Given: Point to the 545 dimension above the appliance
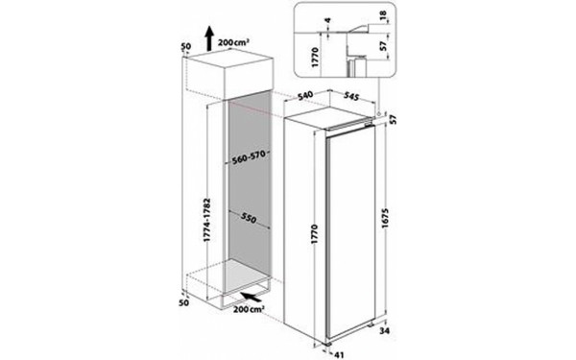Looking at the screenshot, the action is tap(350, 97).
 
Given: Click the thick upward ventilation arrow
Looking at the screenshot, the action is tap(207, 40).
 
